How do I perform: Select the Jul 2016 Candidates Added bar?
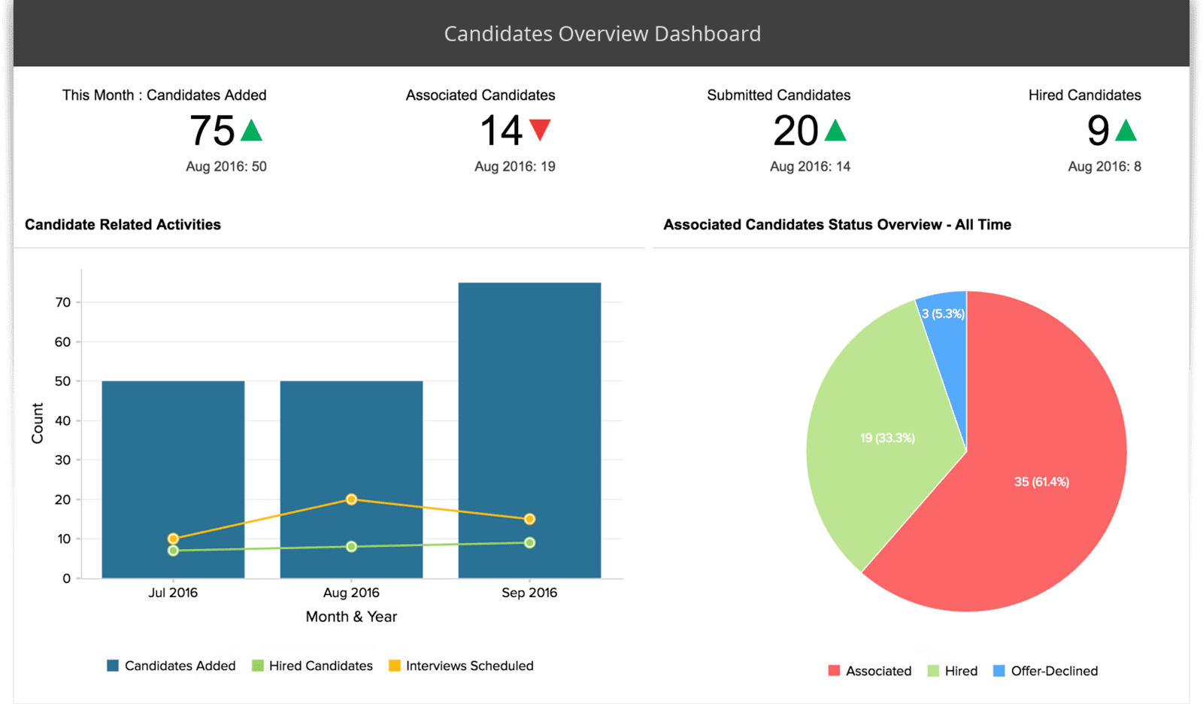173,451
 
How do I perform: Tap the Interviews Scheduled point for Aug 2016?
351,499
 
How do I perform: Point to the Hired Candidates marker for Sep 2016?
529,542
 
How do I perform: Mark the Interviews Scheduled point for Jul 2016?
173,539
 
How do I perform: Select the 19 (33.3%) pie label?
887,438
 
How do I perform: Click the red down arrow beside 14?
540,129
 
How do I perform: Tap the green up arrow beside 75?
251,131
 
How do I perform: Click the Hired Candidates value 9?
1098,131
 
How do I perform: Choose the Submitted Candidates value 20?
795,131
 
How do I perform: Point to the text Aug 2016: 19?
514,166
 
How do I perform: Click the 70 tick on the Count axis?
63,302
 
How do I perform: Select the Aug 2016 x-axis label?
351,593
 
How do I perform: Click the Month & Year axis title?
351,617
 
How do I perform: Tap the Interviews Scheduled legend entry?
461,666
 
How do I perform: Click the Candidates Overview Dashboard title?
602,34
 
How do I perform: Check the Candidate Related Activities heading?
123,224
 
